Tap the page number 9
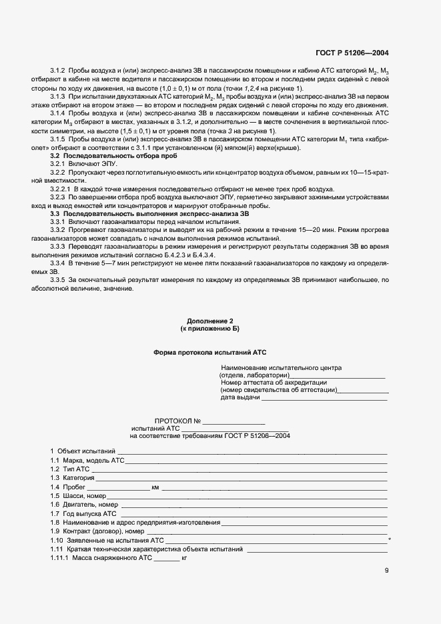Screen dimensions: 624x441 (x=386, y=570)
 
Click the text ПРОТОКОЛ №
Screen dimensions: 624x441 (x=177, y=421)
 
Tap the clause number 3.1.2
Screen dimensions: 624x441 (x=59, y=70)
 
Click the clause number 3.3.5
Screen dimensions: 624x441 (x=59, y=281)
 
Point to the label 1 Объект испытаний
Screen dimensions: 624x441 (x=83, y=452)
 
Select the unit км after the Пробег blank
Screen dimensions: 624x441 (x=155, y=487)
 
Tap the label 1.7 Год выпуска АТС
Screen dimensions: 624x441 (x=83, y=513)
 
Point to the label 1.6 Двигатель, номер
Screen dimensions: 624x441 (x=84, y=505)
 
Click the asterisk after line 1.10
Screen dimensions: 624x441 (x=389, y=539)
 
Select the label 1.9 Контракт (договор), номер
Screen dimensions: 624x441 (x=97, y=531)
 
